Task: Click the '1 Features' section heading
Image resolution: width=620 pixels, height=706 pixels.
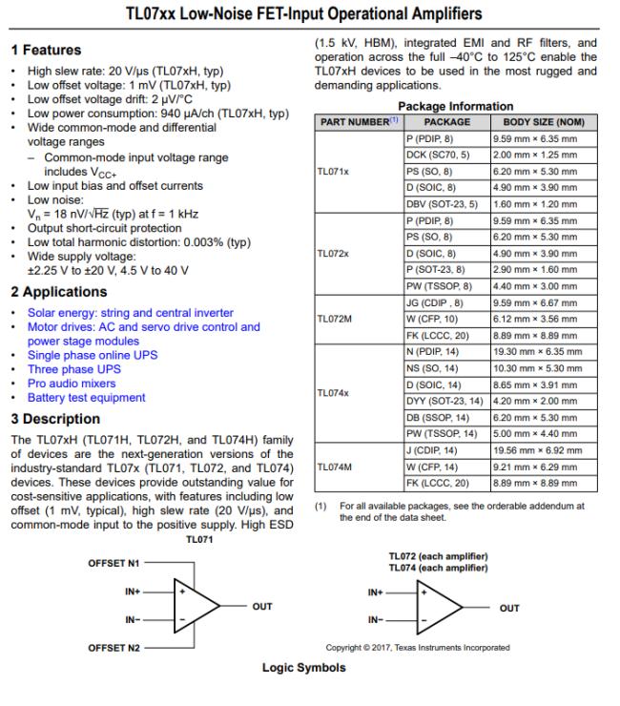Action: [46, 50]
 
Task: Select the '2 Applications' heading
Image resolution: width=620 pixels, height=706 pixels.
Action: [58, 292]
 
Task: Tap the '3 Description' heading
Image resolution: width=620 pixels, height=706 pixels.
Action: [54, 419]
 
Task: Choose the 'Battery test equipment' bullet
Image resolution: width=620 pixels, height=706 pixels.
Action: [86, 398]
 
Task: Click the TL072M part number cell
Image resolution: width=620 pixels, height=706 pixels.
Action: [335, 319]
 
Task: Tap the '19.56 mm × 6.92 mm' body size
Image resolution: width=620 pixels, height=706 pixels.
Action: [536, 449]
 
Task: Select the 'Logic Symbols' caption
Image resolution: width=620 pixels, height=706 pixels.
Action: [303, 668]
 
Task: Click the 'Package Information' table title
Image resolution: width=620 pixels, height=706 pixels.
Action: [455, 107]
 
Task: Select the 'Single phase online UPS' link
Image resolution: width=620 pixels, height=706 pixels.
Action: [93, 355]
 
